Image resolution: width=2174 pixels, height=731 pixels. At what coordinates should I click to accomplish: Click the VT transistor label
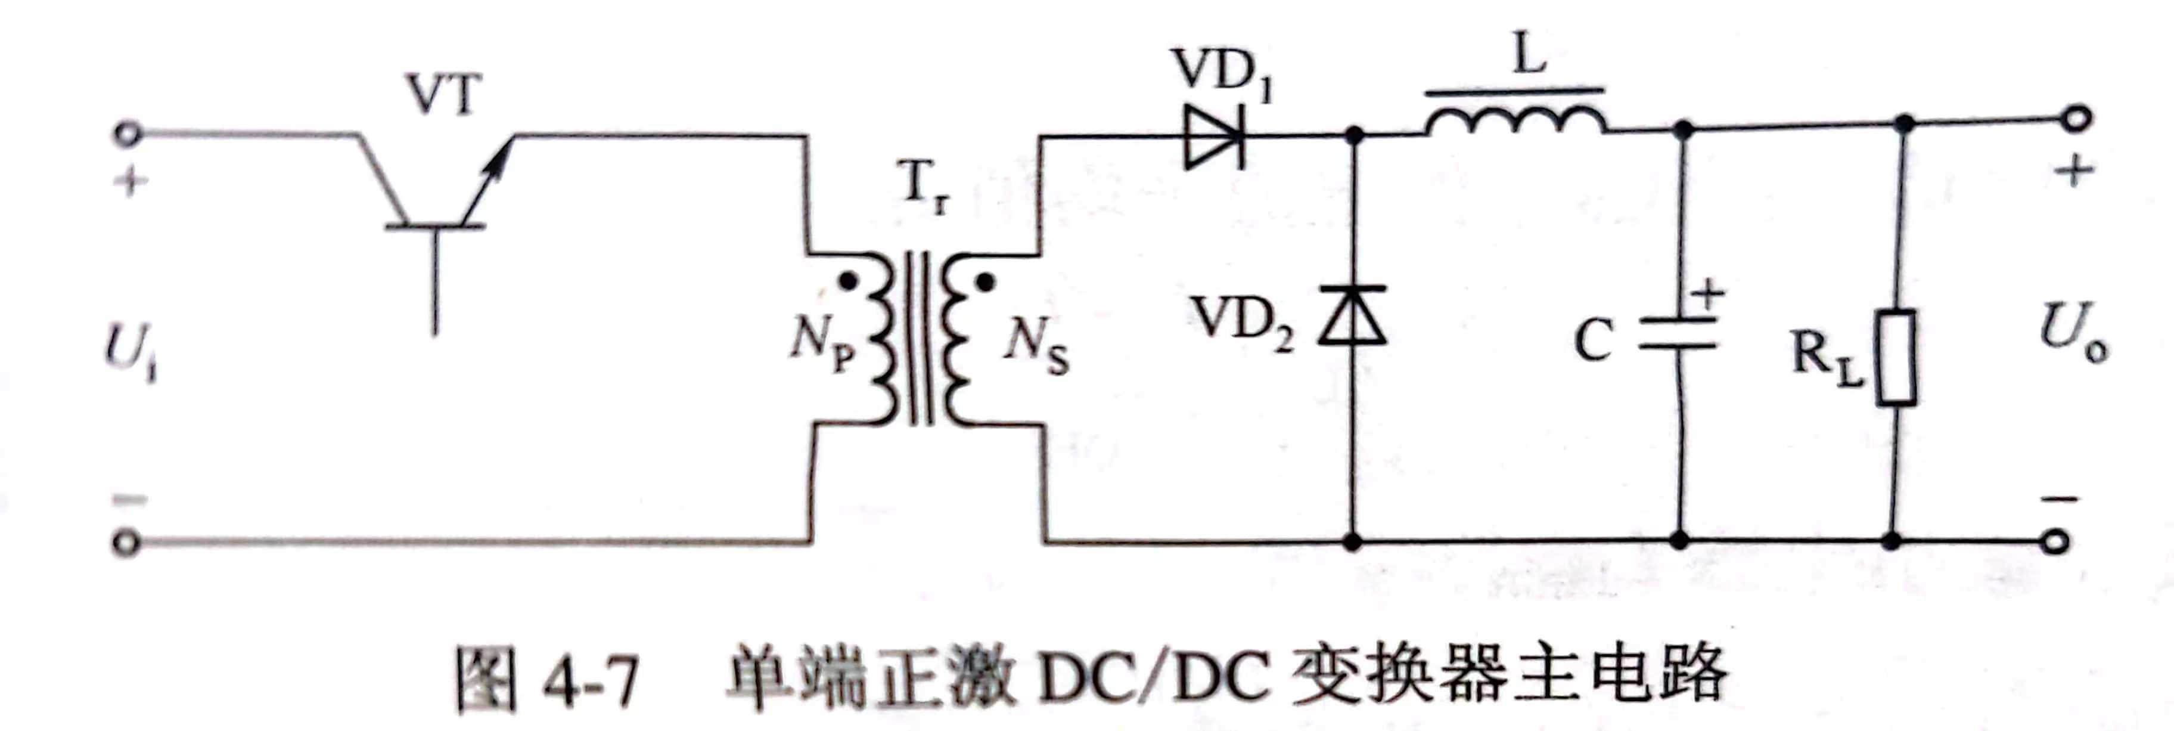[x=445, y=95]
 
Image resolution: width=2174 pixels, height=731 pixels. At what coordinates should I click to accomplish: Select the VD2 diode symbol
[x=1352, y=315]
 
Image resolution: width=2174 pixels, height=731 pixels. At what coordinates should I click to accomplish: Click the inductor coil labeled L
[x=1515, y=120]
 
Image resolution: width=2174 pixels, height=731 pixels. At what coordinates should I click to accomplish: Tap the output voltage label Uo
[x=2073, y=332]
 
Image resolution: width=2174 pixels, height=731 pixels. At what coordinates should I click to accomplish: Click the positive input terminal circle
[x=128, y=134]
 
